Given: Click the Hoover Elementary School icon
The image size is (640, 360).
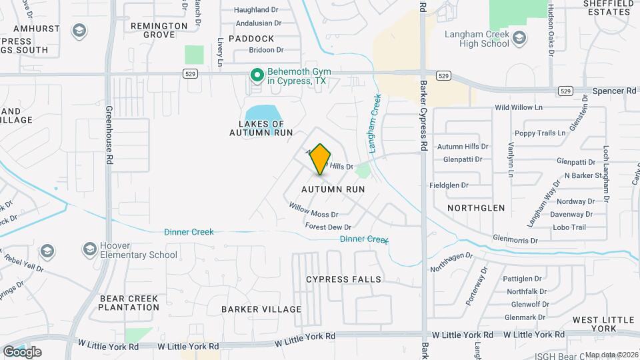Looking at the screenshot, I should [89, 250].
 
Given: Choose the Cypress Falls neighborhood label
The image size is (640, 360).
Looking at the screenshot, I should [344, 279].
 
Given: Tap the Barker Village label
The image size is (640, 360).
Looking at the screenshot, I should [261, 309].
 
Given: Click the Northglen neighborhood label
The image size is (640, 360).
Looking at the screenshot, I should [476, 208].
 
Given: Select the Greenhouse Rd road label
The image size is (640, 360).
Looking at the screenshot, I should [107, 133].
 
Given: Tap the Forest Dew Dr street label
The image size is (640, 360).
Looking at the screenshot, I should [328, 227].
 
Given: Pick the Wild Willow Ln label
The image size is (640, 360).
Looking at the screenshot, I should [519, 107].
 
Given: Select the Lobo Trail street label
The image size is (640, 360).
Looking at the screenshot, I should [569, 227].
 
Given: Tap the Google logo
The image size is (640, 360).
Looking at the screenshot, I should [22, 351].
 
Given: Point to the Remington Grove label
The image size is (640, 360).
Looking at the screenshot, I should [159, 30].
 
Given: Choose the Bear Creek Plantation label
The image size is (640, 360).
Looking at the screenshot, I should [129, 303].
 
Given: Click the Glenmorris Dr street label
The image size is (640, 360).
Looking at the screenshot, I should [515, 238].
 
